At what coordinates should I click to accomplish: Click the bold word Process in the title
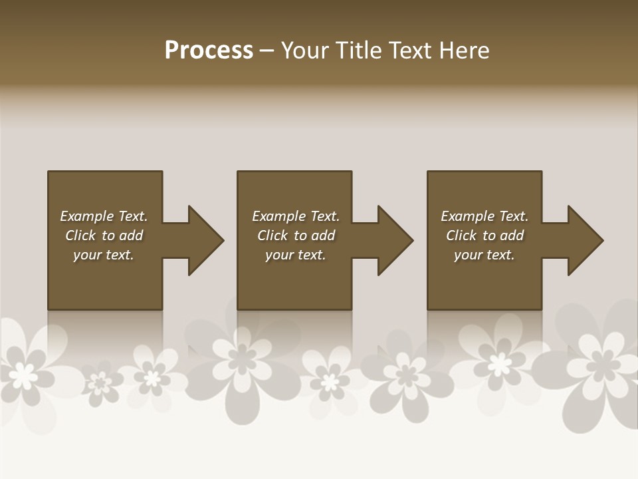209,51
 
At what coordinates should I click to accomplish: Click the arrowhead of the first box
205,240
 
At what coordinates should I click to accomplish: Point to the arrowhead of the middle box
395,240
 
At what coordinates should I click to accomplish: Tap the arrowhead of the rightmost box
585,240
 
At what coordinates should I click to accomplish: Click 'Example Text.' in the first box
104,216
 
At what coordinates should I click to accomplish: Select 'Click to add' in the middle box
296,236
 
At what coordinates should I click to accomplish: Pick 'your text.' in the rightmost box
484,255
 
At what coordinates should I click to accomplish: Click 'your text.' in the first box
104,255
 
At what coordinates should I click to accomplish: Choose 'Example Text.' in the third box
484,216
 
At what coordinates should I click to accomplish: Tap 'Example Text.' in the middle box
296,216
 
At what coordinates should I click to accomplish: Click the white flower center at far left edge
24,377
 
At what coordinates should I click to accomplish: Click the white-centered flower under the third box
499,364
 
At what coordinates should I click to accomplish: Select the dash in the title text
266,51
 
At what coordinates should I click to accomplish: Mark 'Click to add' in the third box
484,236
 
